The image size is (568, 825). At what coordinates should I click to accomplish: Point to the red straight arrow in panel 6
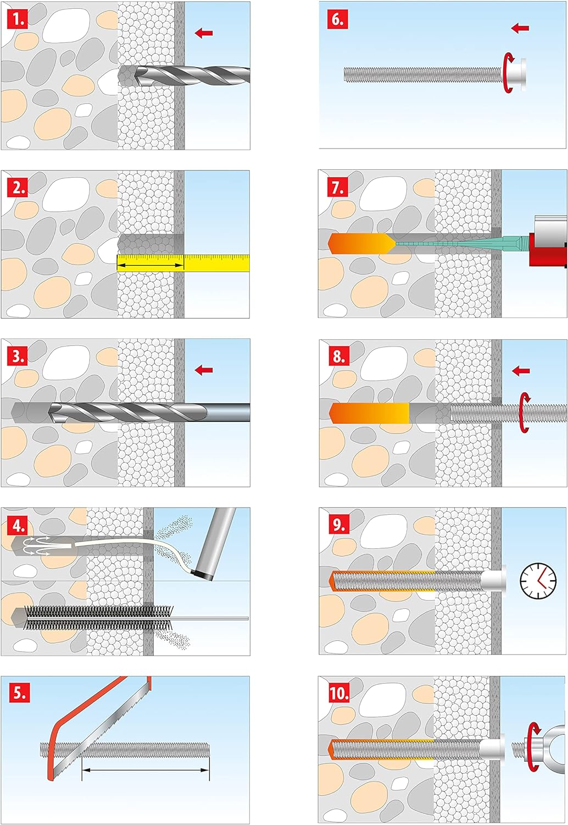(x=520, y=28)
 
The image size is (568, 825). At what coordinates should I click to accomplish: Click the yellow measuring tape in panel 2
(x=183, y=263)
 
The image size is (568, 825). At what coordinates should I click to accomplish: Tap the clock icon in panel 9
(x=538, y=580)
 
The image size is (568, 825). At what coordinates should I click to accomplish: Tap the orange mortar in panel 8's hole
(x=369, y=413)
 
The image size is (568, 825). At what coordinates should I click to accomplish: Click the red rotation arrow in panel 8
(x=525, y=412)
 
